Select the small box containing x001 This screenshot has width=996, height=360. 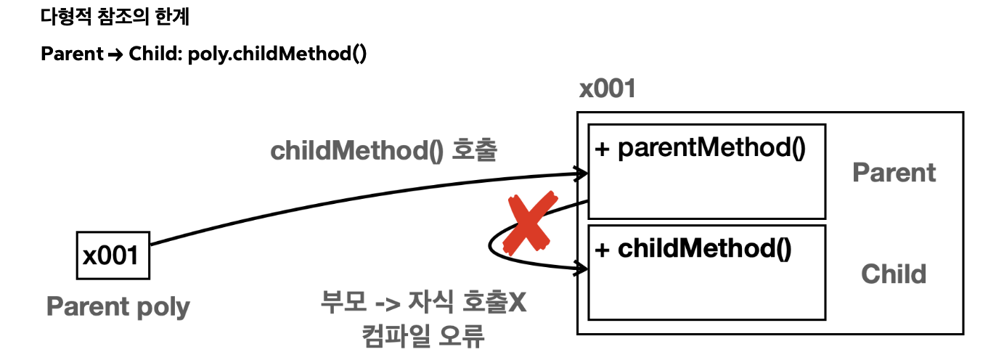coord(113,255)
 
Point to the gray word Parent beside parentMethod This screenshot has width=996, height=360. coord(894,173)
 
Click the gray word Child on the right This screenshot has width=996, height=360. coord(894,274)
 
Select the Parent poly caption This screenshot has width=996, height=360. coord(118,306)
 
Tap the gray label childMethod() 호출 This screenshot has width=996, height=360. coord(383,151)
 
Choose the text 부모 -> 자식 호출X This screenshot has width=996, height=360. coord(423,301)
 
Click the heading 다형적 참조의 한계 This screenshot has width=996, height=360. coord(115,17)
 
